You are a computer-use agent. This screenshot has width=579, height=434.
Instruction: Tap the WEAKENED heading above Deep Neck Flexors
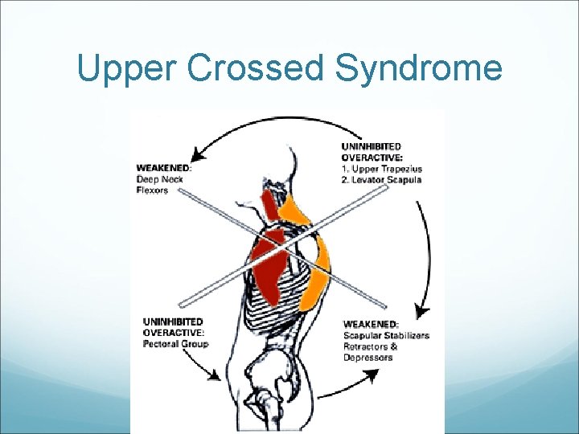pyautogui.click(x=164, y=168)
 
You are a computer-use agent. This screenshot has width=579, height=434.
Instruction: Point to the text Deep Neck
pyautogui.click(x=160, y=179)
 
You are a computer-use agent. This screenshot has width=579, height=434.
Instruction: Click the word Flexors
pyautogui.click(x=152, y=190)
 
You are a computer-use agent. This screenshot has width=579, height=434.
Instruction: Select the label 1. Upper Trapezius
pyautogui.click(x=382, y=170)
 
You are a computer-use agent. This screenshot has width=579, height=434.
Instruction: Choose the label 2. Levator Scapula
pyautogui.click(x=382, y=181)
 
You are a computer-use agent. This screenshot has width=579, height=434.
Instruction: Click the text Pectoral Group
pyautogui.click(x=175, y=344)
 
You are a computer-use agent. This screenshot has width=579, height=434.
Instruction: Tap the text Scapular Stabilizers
pyautogui.click(x=386, y=335)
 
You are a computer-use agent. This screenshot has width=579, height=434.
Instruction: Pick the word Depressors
pyautogui.click(x=368, y=358)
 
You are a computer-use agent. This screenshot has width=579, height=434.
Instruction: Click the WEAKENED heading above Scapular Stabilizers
pyautogui.click(x=371, y=324)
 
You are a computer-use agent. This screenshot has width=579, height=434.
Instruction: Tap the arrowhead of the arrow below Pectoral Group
pyautogui.click(x=215, y=375)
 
